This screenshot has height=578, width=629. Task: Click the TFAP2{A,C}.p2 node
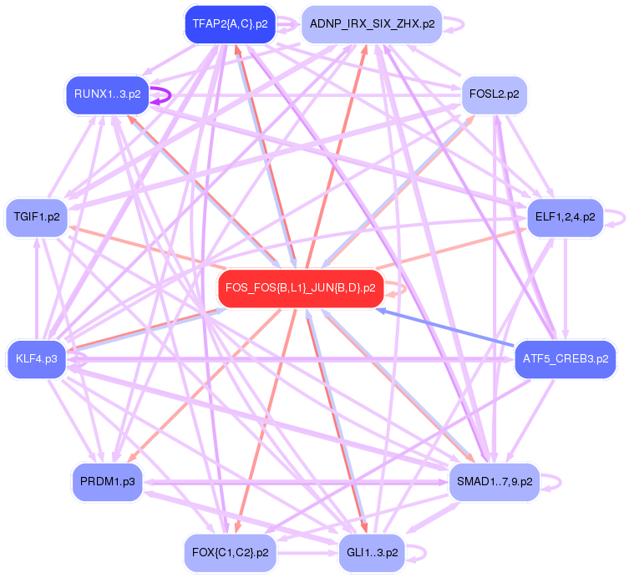(230, 24)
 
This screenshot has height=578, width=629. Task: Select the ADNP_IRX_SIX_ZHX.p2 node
(372, 24)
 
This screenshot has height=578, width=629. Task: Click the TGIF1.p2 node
(37, 217)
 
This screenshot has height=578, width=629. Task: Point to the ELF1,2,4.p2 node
(565, 217)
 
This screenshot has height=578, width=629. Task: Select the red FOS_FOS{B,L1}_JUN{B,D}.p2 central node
(300, 288)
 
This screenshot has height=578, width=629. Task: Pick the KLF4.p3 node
(37, 359)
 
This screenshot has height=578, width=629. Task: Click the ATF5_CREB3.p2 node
(565, 359)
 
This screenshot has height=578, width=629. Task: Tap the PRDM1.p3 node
(108, 482)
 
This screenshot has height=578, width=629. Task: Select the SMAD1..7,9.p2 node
(495, 482)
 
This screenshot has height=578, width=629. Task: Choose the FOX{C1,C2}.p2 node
(230, 552)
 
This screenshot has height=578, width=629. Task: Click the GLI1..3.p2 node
(372, 552)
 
